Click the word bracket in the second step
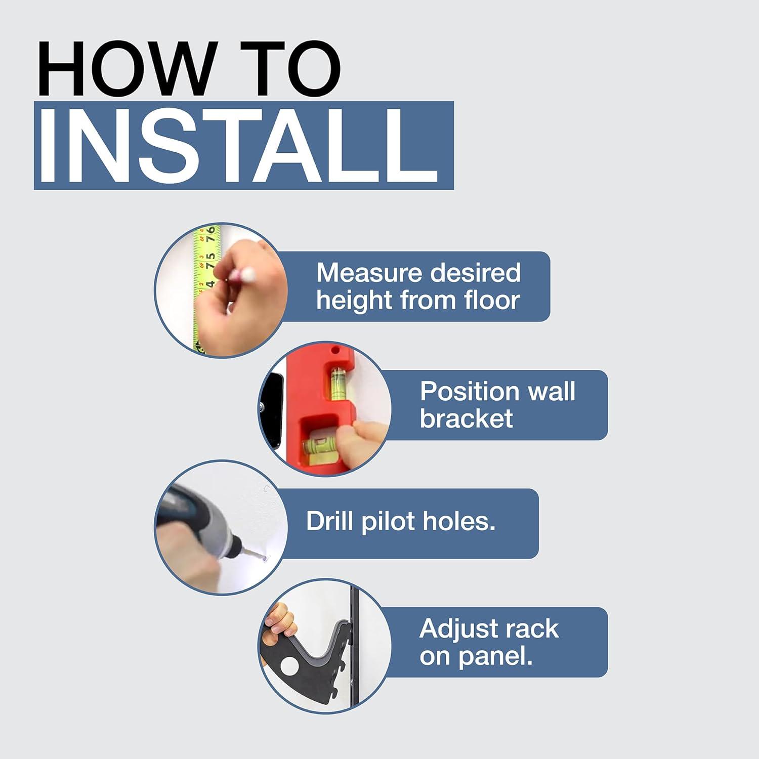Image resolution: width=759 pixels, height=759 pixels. [466, 418]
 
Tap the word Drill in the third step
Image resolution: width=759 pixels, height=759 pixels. [329, 521]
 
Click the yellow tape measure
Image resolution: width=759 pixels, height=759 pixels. [205, 286]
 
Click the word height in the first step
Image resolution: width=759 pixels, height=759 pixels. [355, 301]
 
